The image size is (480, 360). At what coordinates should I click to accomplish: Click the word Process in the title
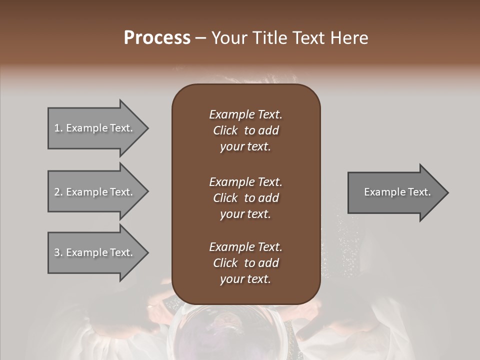(x=157, y=38)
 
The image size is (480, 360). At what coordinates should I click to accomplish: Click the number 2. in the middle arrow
(x=58, y=192)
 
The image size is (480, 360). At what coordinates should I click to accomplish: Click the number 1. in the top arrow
(x=58, y=128)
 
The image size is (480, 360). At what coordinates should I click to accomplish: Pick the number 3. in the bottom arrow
(x=58, y=252)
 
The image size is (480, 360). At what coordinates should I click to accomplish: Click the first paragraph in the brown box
(x=245, y=130)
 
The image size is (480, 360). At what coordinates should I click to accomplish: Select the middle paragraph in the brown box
(x=245, y=198)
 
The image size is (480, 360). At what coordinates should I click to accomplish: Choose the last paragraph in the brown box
(x=245, y=263)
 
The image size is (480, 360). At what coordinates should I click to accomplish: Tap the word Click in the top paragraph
(x=225, y=130)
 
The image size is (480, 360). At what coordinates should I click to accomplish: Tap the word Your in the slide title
(x=228, y=38)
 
